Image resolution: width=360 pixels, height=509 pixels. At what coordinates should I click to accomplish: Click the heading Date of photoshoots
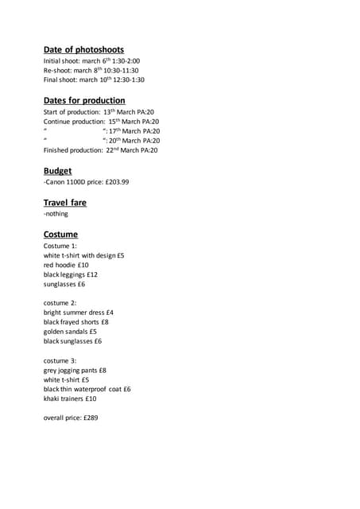83,49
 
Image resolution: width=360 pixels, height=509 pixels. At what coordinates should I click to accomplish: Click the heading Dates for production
84,100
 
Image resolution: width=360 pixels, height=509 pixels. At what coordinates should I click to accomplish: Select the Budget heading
57,170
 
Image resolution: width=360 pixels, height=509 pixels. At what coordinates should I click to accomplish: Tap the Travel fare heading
65,202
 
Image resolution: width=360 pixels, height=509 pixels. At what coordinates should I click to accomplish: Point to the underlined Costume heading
60,234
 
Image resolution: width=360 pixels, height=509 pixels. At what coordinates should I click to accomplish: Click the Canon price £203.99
116,182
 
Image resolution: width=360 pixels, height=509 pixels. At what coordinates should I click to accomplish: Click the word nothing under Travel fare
56,214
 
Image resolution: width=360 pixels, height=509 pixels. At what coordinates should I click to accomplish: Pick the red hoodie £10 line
66,265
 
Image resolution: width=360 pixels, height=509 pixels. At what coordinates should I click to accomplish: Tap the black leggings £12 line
71,274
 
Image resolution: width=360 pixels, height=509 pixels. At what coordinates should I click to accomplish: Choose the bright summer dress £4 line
79,313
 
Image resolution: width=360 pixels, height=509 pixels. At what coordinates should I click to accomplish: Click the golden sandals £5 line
70,332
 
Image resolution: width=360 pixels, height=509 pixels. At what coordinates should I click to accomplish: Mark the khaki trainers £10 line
70,398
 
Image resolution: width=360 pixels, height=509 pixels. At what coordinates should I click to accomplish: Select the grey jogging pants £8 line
75,370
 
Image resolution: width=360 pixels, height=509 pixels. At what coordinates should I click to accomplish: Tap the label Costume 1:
60,246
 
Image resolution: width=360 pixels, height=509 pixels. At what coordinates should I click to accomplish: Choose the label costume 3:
60,360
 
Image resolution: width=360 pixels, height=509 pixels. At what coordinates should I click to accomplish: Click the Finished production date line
101,150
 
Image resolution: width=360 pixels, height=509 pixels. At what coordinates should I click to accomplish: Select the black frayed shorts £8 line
76,322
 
